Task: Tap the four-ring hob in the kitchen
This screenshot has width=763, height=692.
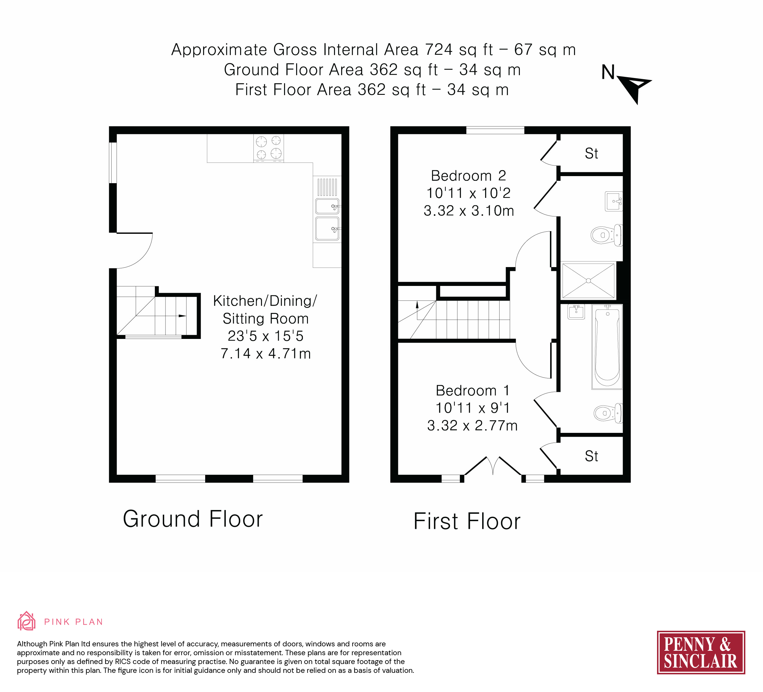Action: coord(269,148)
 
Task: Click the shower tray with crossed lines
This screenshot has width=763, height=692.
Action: coord(588,281)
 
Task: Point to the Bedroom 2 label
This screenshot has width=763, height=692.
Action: coord(469,176)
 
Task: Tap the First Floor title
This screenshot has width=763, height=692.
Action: coord(467,521)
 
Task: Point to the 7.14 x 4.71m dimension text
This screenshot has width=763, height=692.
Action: coord(266,354)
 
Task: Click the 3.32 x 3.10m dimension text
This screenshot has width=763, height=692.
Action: coord(469,211)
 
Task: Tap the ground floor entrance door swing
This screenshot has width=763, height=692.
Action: coord(135,251)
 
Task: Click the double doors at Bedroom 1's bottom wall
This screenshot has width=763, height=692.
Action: coord(493,466)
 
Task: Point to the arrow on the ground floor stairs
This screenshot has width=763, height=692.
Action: coord(183,316)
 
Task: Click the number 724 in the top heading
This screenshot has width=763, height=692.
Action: coord(439,49)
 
